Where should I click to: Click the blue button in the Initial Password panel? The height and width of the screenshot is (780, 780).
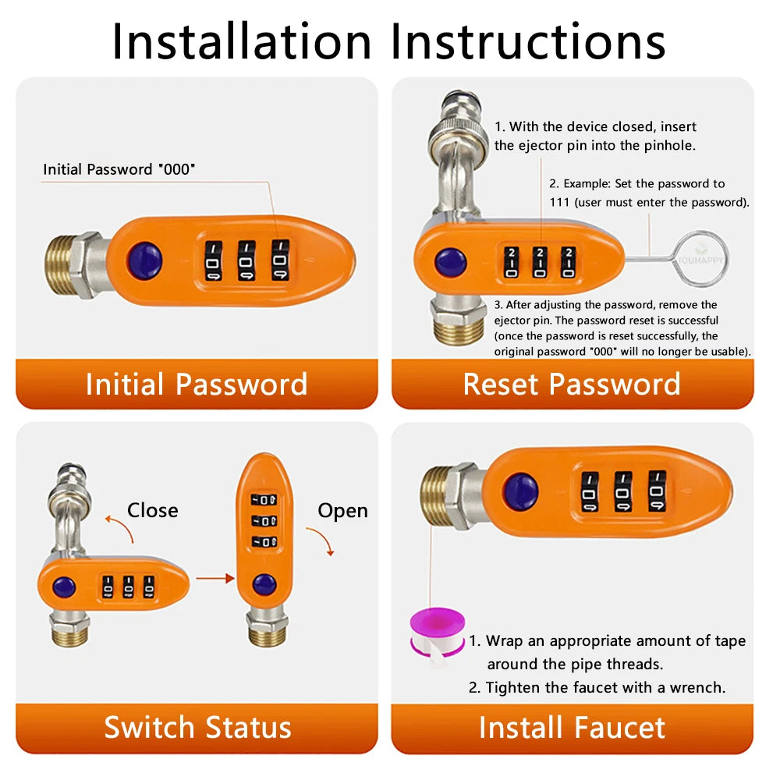145,261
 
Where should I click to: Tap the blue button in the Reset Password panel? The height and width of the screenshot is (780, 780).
450,262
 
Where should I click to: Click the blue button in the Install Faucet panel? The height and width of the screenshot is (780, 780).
520,491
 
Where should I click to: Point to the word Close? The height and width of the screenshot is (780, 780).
153,510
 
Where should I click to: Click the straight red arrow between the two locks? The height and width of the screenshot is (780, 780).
215,578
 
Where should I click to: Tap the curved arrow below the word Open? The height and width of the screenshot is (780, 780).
322,539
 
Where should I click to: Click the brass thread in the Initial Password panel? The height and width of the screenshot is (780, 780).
58,264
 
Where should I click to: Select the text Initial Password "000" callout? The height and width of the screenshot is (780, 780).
119,169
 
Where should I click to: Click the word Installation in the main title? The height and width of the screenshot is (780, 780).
242,42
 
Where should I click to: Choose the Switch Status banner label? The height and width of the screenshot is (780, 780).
197,728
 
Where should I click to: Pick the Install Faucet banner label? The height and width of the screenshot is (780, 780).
572,728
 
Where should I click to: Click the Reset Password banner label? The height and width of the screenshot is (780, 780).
572,384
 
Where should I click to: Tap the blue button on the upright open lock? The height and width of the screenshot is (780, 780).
264,584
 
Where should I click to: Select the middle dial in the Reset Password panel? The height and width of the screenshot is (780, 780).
540,262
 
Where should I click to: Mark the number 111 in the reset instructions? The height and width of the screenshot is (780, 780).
559,203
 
